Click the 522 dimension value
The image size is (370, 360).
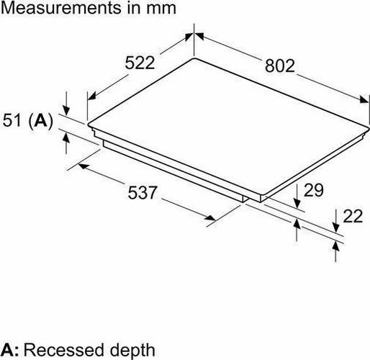(x=140, y=63)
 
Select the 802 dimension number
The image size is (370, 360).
(x=280, y=66)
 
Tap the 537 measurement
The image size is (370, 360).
(x=143, y=193)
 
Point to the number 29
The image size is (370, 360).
(x=314, y=190)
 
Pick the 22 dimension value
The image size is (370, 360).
(x=353, y=216)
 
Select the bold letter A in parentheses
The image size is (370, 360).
(x=40, y=120)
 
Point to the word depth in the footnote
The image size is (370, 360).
(x=132, y=351)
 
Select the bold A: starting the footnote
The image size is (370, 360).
(x=9, y=350)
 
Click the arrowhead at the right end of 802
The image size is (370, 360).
(x=364, y=99)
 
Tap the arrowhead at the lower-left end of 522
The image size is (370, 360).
(x=91, y=96)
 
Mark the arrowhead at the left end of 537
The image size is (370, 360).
(x=84, y=166)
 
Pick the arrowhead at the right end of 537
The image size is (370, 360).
(x=210, y=217)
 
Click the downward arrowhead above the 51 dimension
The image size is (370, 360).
(x=66, y=111)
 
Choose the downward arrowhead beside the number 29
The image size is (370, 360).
(x=297, y=203)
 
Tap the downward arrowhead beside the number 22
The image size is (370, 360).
(x=335, y=228)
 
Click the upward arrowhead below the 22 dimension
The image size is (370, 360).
(x=335, y=247)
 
